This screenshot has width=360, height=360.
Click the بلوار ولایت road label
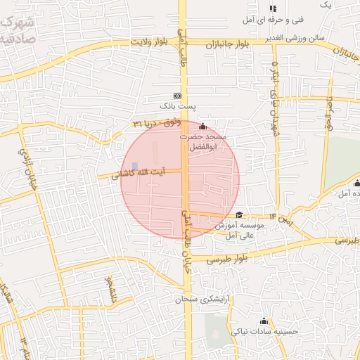[150, 43]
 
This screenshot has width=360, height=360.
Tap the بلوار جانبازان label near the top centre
[228, 44]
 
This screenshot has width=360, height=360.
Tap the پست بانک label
[176, 106]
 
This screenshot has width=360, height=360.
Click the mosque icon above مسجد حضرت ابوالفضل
[203, 126]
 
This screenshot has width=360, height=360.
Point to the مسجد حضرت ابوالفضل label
[206, 142]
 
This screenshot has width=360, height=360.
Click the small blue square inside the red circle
[135, 165]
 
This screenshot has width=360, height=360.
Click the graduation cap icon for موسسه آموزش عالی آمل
[239, 215]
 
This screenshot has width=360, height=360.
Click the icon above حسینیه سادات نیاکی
[264, 321]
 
